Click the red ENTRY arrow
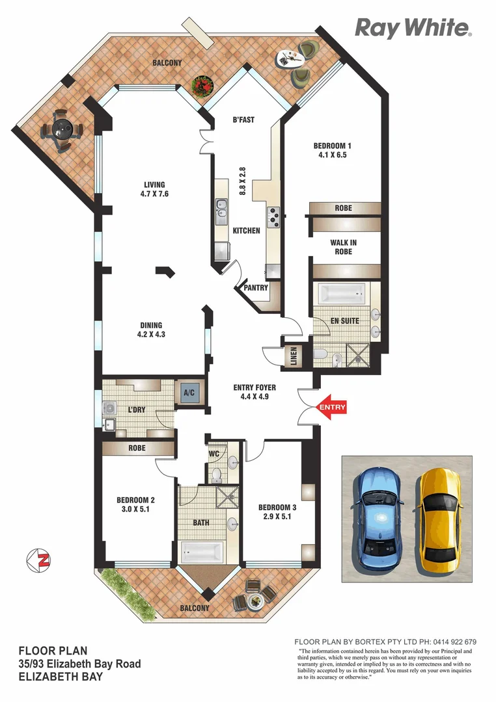[331, 408]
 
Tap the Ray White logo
[412, 28]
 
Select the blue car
[379, 515]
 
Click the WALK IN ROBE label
[343, 247]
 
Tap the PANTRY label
[256, 288]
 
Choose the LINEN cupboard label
[294, 356]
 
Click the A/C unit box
[189, 393]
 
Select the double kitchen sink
[221, 211]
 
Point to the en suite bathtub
[342, 293]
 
